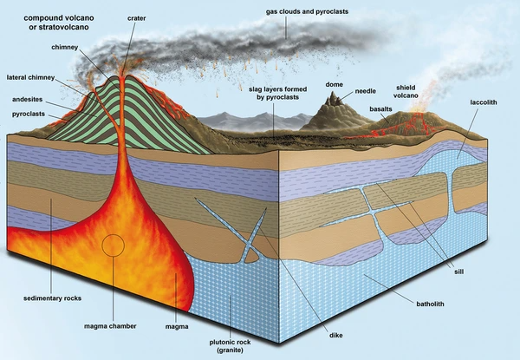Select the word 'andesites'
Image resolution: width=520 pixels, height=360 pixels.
click(x=31, y=99)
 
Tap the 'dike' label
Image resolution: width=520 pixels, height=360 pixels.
click(x=336, y=332)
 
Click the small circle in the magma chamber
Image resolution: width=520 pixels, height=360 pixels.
click(x=113, y=245)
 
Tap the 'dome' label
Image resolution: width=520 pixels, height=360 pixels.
click(x=335, y=83)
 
